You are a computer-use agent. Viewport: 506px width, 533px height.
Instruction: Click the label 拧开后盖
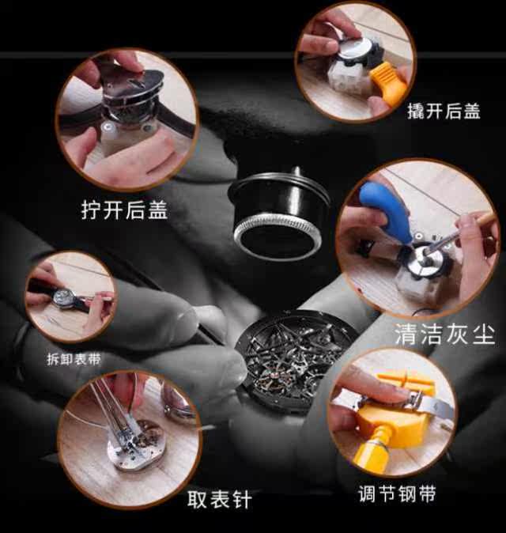click(124, 210)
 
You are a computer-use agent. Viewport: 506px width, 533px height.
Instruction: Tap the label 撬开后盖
click(444, 111)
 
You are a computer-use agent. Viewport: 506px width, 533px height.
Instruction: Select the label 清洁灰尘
click(444, 334)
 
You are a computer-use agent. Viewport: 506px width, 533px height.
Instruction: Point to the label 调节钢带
click(397, 493)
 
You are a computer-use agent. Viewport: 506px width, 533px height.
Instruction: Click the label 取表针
click(220, 499)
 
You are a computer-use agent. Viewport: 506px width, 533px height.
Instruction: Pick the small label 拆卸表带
click(74, 359)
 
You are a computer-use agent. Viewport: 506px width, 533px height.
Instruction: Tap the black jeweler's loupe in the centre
click(278, 213)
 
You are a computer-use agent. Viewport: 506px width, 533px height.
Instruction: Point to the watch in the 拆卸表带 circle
click(66, 298)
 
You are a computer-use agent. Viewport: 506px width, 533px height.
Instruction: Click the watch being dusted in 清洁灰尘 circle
click(425, 261)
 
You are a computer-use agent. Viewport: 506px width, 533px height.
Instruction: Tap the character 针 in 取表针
click(242, 499)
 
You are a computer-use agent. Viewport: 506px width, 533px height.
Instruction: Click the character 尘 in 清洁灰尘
click(483, 334)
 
